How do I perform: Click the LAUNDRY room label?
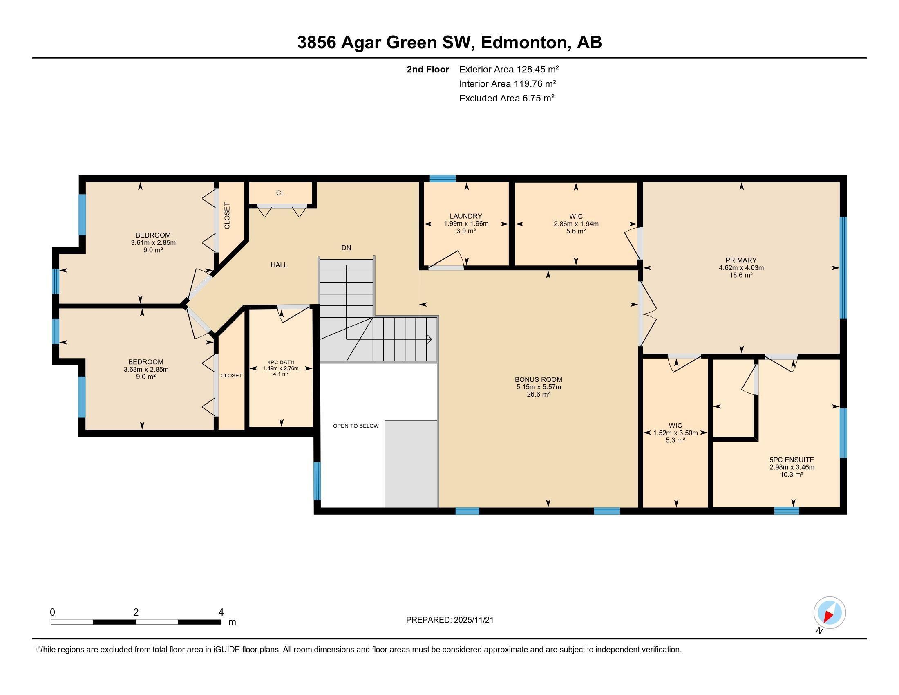[x=465, y=216]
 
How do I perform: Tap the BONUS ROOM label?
[x=539, y=380]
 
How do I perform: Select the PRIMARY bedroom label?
[x=741, y=260]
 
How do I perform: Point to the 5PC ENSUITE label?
[x=792, y=460]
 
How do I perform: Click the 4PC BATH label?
[x=281, y=362]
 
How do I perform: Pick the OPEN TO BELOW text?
[x=356, y=426]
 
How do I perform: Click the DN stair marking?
[x=346, y=247]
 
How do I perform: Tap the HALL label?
[x=279, y=265]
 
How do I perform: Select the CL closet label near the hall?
[x=280, y=193]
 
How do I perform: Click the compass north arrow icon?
[x=829, y=613]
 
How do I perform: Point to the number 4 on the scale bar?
[x=221, y=612]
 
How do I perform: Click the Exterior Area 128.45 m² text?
[x=509, y=69]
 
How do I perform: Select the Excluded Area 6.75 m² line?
[x=507, y=98]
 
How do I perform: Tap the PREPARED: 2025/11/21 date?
[x=449, y=620]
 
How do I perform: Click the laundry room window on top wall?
[x=443, y=178]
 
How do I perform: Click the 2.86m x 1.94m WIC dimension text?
[x=576, y=224]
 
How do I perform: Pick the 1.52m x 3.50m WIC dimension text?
[x=675, y=433]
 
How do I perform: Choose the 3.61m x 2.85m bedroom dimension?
[x=153, y=242]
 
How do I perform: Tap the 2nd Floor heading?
[x=427, y=69]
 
